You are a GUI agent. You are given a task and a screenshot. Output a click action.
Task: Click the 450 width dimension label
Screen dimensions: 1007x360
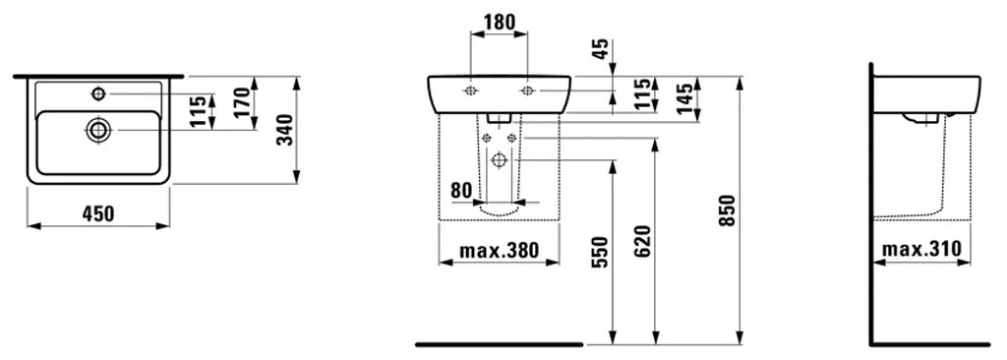point(98,213)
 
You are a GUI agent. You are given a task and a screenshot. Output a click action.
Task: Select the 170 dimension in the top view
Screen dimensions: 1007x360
point(242,102)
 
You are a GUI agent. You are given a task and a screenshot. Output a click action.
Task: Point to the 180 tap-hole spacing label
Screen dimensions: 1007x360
point(499,22)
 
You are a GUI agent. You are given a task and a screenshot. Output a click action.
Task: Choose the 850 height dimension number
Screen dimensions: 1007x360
point(727,210)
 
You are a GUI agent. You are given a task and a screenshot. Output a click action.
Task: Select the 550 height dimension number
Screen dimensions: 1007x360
point(599,253)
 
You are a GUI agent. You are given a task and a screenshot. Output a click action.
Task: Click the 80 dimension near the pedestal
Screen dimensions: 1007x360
point(462,190)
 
